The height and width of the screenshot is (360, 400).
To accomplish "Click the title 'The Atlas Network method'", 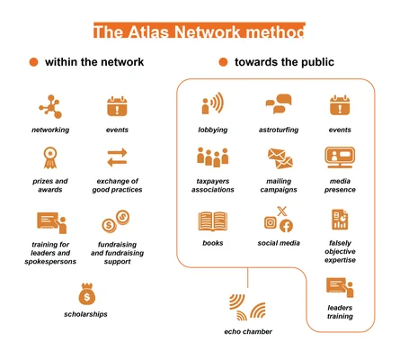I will click(x=199, y=32).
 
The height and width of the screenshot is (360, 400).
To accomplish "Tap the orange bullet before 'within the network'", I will click(x=33, y=62).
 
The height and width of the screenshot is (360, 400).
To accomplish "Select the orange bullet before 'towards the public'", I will click(x=223, y=62).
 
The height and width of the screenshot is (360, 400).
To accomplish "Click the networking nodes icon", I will click(x=50, y=106).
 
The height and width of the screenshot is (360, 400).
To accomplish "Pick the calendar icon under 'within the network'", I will click(x=118, y=106).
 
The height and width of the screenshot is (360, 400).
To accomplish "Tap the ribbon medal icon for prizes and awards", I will click(x=50, y=157).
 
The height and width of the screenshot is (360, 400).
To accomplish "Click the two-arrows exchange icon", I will click(x=118, y=158).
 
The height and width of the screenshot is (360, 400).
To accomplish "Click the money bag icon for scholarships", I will click(x=86, y=293).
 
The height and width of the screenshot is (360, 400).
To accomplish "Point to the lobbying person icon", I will click(x=212, y=105).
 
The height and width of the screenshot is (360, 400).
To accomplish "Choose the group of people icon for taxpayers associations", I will click(x=212, y=157).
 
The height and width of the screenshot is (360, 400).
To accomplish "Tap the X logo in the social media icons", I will click(x=281, y=211).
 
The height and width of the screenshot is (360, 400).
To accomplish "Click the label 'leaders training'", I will click(x=340, y=311).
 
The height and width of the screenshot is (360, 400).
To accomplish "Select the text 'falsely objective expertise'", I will click(x=340, y=251).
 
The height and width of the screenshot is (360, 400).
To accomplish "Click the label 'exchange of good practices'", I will click(x=118, y=185).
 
